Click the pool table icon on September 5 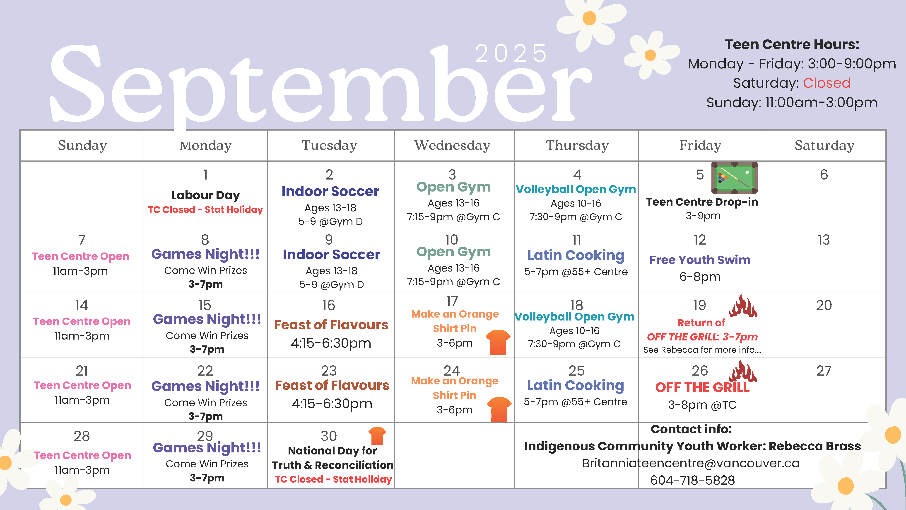tap(734, 178)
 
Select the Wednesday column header tap(452, 145)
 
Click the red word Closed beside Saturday tap(826, 83)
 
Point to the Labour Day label tap(205, 195)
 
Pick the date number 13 tap(824, 240)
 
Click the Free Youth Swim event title tap(700, 260)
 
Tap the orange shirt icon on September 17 tap(498, 342)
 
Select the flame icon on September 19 tap(743, 306)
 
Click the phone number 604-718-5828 tap(692, 480)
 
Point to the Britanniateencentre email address tap(691, 463)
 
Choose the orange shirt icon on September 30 tap(377, 436)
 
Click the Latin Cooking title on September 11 tap(576, 255)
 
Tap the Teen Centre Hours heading tap(792, 45)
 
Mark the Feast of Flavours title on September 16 tap(331, 325)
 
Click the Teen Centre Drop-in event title tap(702, 202)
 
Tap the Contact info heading tap(691, 429)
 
